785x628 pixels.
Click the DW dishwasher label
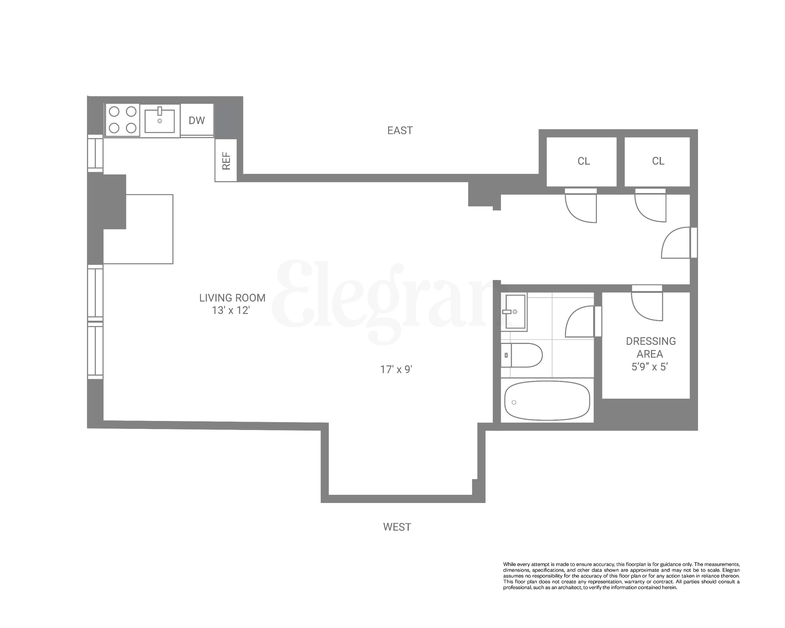(x=197, y=120)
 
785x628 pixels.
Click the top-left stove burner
(x=114, y=111)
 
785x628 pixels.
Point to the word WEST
(x=397, y=527)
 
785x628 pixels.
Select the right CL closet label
(x=658, y=161)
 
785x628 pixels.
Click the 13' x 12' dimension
(x=231, y=311)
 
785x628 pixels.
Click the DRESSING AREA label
(x=651, y=347)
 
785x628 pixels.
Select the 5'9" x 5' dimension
(x=650, y=367)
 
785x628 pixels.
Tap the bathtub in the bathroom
(x=547, y=400)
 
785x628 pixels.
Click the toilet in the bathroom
(x=524, y=355)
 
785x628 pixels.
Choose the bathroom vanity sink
(x=515, y=312)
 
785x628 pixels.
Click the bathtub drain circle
(x=514, y=402)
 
